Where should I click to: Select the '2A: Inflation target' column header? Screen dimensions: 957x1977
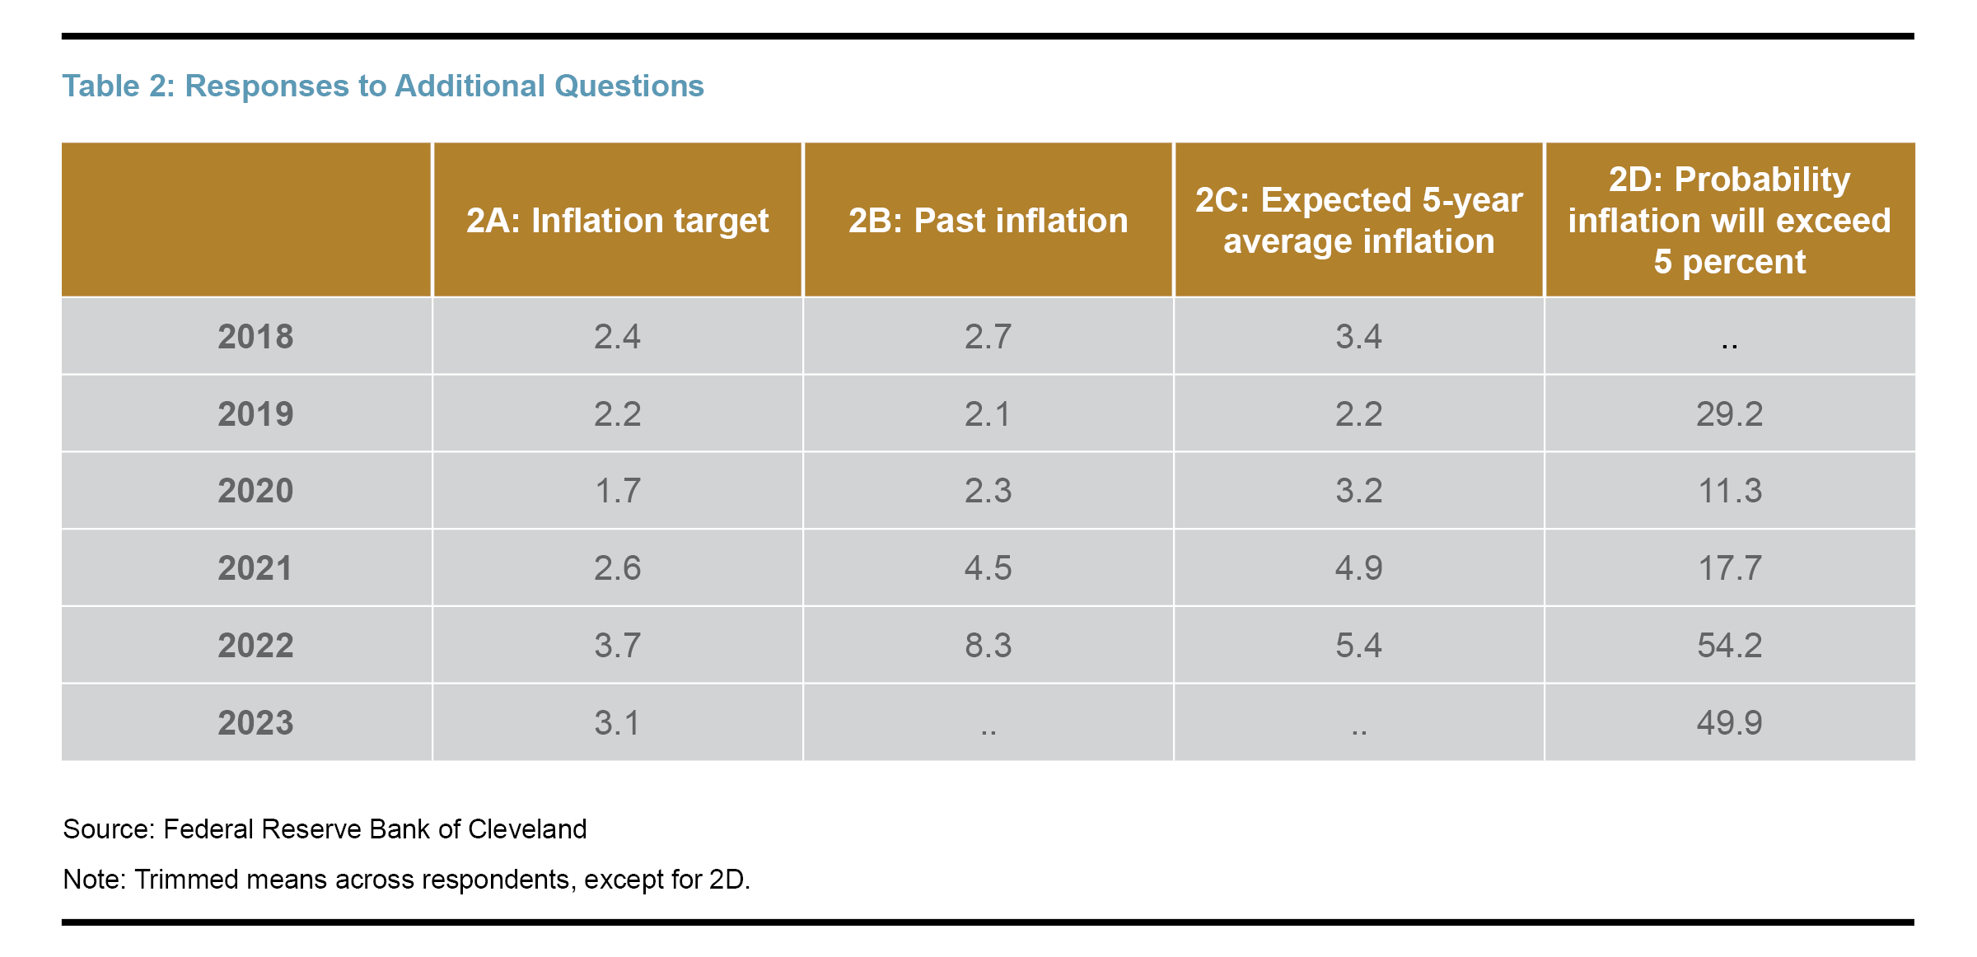[617, 221]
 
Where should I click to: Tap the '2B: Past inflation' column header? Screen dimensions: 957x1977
[988, 221]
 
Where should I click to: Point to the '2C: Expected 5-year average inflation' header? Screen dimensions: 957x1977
[1358, 221]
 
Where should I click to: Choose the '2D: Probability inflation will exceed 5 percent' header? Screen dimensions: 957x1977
[1729, 221]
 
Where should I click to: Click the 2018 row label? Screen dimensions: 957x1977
[255, 337]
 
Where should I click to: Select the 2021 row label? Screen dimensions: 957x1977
[255, 568]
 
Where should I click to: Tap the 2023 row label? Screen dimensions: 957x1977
[255, 723]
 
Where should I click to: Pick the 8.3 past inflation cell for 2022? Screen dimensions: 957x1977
[988, 646]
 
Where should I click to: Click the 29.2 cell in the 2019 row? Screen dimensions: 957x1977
[1729, 414]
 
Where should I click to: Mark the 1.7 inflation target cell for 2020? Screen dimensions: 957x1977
[617, 491]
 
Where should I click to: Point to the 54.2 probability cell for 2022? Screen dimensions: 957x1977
[1729, 646]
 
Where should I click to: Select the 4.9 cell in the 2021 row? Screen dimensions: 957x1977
[1358, 568]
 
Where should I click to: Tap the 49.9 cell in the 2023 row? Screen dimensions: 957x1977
[1729, 723]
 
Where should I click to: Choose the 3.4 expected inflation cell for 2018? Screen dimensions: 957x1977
[1358, 337]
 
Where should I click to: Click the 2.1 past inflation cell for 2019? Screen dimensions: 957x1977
[988, 414]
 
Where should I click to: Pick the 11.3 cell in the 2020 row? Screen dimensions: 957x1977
[1729, 491]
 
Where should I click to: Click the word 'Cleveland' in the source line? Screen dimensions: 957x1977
[527, 829]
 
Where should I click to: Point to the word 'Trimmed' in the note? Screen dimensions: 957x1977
[187, 880]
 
